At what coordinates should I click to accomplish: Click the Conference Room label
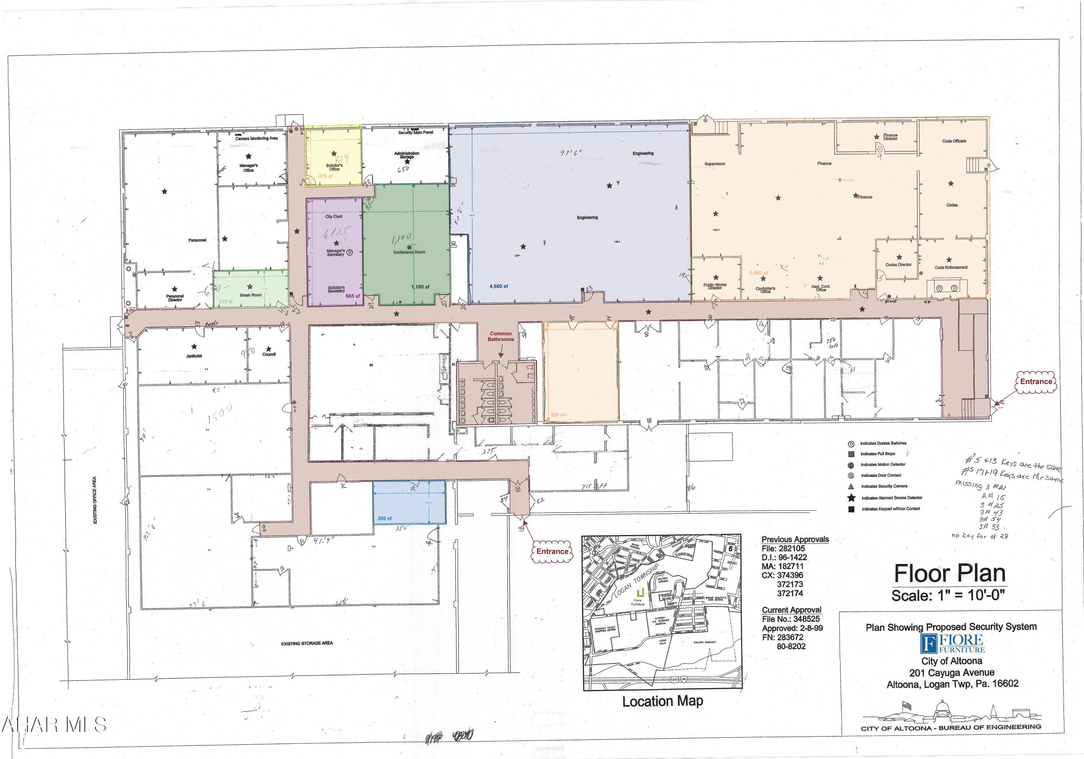[x=409, y=252]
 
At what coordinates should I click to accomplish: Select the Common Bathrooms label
[x=500, y=336]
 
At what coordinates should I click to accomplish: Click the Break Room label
[x=250, y=295]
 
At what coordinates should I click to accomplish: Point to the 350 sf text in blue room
[x=384, y=518]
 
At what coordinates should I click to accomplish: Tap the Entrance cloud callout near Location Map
[x=552, y=552]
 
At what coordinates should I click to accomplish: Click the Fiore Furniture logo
[x=952, y=643]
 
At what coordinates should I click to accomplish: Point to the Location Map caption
[x=662, y=701]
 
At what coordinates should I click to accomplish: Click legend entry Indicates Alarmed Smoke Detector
[x=891, y=498]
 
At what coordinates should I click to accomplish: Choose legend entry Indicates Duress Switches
[x=883, y=443]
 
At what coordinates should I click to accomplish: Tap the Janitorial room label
[x=194, y=356]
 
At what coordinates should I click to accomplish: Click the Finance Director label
[x=890, y=137]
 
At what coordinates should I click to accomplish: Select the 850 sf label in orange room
[x=558, y=415]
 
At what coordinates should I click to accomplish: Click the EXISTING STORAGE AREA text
[x=307, y=643]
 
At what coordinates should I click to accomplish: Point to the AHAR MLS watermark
[x=53, y=725]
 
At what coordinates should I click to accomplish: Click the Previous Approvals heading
[x=795, y=539]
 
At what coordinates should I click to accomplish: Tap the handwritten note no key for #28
[x=979, y=536]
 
